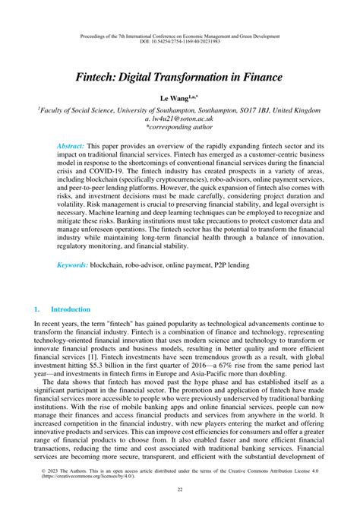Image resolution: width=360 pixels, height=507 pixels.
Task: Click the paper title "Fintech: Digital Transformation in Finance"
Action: pos(179,77)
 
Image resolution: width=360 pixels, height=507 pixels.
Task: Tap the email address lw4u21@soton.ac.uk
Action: pos(179,119)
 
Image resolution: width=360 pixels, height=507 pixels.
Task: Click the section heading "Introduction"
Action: pos(70,309)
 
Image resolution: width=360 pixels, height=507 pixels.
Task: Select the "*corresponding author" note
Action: pos(180,128)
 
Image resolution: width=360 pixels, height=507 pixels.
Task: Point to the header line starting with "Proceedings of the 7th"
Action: pos(180,36)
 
